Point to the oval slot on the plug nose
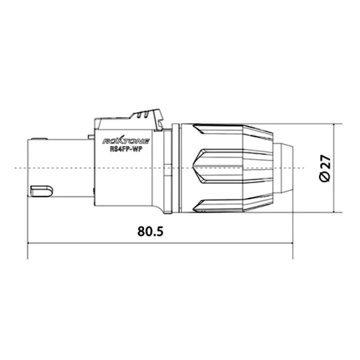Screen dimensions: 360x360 click(42, 190)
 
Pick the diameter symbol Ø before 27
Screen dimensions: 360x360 click(325, 179)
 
